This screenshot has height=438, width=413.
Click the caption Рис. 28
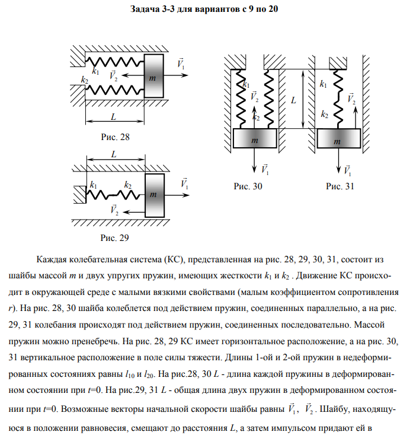[x=116, y=137]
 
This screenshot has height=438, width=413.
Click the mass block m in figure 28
[x=153, y=77]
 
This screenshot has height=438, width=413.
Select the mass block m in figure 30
[x=255, y=140]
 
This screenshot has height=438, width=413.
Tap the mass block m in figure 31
[x=338, y=141]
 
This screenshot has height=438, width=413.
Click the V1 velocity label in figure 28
[x=181, y=64]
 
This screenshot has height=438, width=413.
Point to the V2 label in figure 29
[x=114, y=210]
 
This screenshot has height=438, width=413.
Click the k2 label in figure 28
[x=84, y=80]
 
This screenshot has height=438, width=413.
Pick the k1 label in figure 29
[x=92, y=186]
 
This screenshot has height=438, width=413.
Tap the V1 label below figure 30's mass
[x=265, y=170]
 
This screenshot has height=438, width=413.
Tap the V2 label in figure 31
[x=351, y=99]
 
